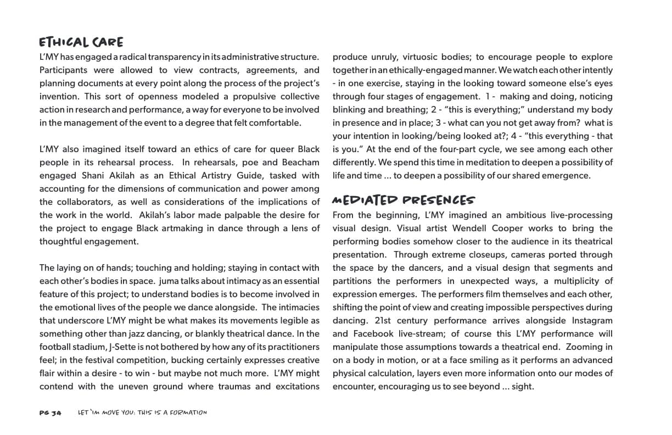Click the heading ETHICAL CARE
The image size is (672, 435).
[81, 42]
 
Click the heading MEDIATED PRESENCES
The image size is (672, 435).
[404, 200]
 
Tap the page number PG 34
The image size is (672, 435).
[50, 412]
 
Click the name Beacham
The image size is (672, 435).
[300, 163]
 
